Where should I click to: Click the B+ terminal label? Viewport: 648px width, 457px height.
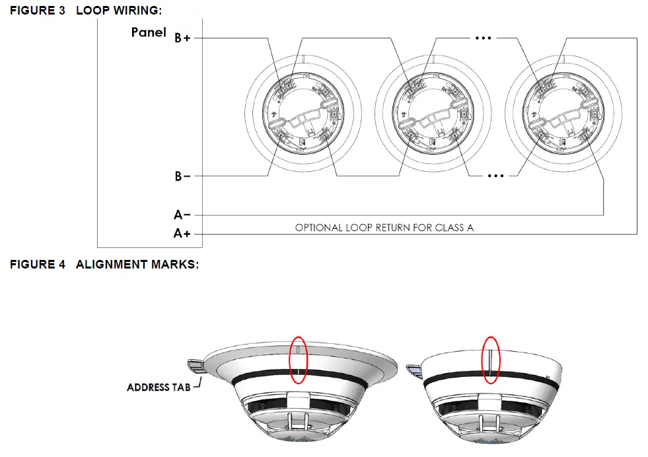point(183,38)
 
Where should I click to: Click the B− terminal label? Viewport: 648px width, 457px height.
point(183,177)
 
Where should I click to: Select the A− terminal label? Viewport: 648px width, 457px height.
point(183,215)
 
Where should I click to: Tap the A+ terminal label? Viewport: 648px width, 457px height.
point(183,233)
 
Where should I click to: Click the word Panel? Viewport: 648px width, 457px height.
point(149,32)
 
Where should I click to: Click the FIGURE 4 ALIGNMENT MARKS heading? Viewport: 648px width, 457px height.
point(104,265)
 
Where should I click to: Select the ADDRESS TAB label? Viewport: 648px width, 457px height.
point(158,387)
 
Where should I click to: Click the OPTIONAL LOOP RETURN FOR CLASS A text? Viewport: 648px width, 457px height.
point(384,228)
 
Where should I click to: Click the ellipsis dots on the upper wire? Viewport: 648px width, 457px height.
point(484,38)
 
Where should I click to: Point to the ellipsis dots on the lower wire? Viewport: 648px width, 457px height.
point(495,177)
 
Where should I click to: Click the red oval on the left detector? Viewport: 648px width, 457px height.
point(298,359)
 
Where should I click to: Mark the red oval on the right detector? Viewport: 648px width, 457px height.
point(491,359)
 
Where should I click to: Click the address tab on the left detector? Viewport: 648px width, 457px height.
point(196,364)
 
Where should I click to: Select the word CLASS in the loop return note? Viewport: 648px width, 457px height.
point(449,228)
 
